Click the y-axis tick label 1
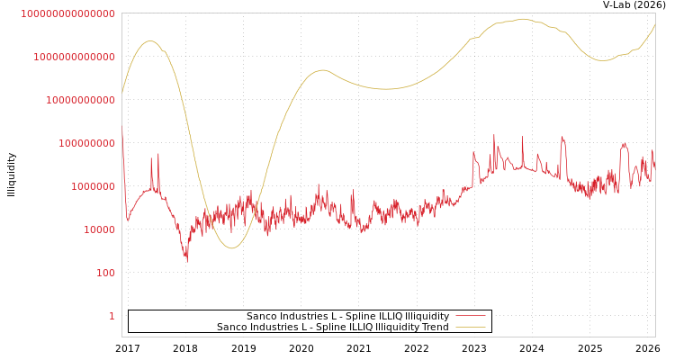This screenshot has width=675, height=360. tap(112, 316)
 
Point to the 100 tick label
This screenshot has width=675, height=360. tap(105, 273)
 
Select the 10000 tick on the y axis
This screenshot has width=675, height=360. tap(99, 229)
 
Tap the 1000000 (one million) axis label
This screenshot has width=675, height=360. tap(93, 186)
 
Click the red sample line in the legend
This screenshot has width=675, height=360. tap(470, 316)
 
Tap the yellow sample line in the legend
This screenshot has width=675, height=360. tap(470, 327)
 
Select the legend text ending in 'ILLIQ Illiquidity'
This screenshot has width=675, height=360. tap(347, 316)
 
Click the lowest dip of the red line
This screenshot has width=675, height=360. tap(187, 261)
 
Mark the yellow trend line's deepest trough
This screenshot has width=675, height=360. tap(231, 247)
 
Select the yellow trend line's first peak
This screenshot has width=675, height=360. tap(149, 40)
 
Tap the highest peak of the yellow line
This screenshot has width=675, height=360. tap(523, 19)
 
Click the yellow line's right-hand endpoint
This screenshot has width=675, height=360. tap(655, 24)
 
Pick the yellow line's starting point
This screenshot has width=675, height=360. tap(122, 92)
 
